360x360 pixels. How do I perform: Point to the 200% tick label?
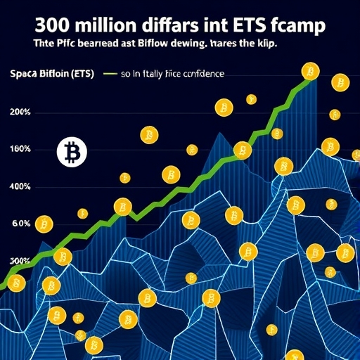pyautogui.click(x=21, y=112)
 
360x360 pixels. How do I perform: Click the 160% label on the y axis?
pyautogui.click(x=21, y=149)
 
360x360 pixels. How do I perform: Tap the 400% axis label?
pyautogui.click(x=21, y=187)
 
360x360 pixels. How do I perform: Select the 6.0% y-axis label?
pyautogui.click(x=21, y=224)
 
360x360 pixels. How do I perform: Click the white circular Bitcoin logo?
pyautogui.click(x=70, y=152)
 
